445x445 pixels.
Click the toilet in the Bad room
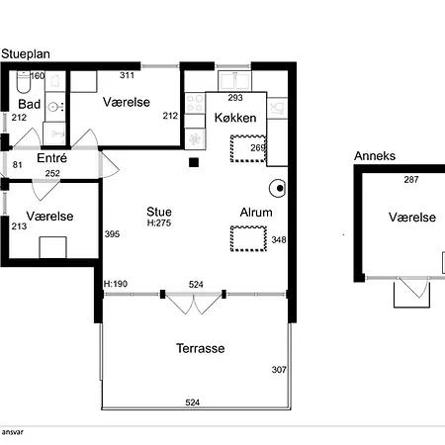(23, 82)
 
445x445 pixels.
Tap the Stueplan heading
(26, 54)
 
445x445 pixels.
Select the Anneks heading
(375, 156)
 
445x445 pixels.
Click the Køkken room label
(235, 118)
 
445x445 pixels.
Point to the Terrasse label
(201, 348)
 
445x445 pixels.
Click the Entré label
(51, 158)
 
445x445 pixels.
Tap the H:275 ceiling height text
(159, 223)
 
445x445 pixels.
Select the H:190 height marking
(116, 284)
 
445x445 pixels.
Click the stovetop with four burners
(195, 103)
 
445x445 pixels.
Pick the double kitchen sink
(234, 81)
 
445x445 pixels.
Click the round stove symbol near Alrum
(278, 188)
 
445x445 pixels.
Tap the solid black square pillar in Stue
(194, 162)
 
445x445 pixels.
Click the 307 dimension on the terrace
(279, 370)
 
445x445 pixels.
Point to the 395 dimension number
(112, 234)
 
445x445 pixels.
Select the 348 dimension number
(279, 239)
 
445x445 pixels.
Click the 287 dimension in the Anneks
(411, 180)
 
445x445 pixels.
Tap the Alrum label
(256, 213)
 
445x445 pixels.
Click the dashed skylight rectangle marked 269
(248, 148)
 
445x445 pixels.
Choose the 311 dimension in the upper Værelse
(127, 75)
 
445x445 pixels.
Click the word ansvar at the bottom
(13, 432)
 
